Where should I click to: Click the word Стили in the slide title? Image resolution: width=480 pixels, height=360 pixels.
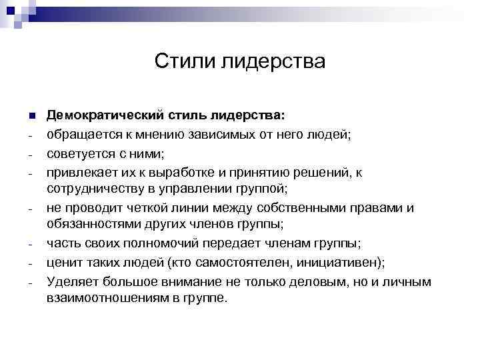click(177, 62)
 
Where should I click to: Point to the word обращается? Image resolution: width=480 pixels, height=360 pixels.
click(82, 134)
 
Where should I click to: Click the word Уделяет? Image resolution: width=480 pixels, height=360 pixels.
click(72, 281)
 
